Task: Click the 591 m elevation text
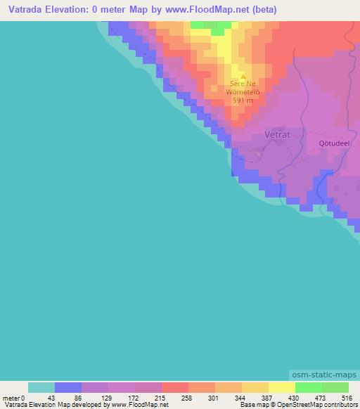coord(243,100)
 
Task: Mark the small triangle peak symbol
coord(243,77)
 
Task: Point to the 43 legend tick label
coord(51,398)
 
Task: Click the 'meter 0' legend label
coord(13,398)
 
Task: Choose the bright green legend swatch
coord(308,387)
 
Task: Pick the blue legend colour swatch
coord(68,387)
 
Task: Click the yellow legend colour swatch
coord(282,387)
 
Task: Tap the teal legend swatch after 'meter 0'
coord(41,387)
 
